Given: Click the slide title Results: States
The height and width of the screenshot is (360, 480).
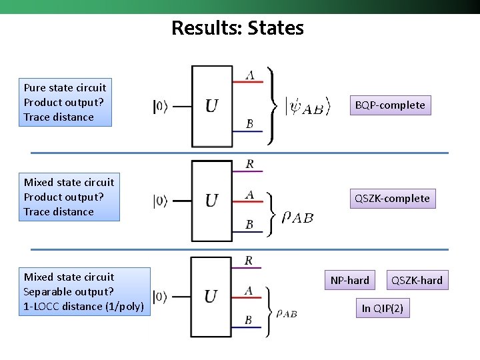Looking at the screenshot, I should point(237,28).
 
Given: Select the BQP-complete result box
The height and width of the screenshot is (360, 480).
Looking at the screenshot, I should point(390,105).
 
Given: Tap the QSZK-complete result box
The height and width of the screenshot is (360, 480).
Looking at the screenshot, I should point(392,198).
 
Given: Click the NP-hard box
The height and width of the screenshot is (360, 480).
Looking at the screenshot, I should point(349,280).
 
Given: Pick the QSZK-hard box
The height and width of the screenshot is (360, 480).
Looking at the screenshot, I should point(417,280).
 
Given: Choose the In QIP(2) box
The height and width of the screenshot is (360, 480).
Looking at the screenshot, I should point(382,308).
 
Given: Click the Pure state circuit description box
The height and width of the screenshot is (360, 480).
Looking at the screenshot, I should point(65,102).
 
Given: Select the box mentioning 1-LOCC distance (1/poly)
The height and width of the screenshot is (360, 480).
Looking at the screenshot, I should point(84,291).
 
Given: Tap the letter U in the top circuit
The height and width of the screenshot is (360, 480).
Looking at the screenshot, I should point(211,106).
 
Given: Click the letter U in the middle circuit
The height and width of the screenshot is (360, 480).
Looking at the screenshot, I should point(211,200).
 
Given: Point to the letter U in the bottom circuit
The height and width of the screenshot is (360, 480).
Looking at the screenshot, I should point(211,296).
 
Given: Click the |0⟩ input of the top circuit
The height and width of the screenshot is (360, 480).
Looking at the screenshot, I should point(160,106).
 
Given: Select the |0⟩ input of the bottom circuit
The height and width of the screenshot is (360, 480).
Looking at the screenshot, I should point(160,296).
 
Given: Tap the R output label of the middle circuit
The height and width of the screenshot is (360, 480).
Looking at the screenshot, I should point(249,164).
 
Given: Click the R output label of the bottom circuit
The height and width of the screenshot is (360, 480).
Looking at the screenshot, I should point(249,261).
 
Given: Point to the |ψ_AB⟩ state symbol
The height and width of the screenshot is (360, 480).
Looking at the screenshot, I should point(304,107).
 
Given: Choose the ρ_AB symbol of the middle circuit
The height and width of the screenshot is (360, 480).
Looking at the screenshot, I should point(297,217).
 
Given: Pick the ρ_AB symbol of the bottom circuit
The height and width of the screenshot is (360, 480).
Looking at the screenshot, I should point(287,313).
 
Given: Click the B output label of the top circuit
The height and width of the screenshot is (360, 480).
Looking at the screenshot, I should point(249,124).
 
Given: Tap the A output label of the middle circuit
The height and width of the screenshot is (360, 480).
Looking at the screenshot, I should point(249,195).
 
